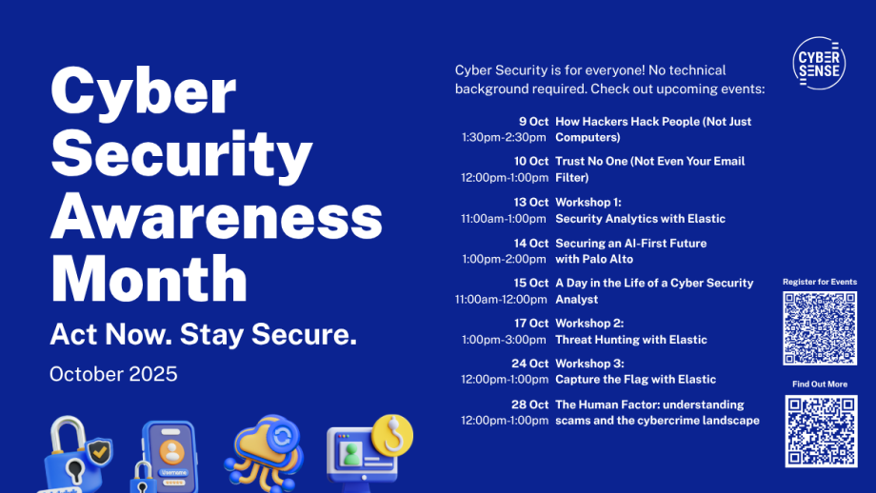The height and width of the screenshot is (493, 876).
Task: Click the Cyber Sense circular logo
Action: (x=819, y=63)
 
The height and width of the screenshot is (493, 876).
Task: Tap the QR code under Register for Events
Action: (x=820, y=328)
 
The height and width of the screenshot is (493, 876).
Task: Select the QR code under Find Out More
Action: (x=821, y=431)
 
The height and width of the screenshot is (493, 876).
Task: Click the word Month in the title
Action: (x=149, y=278)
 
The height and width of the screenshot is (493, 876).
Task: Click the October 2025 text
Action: (x=113, y=374)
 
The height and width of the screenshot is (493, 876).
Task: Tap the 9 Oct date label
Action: (x=533, y=122)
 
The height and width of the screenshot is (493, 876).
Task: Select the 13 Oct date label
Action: (x=530, y=202)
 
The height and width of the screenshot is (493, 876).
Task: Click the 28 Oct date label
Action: (x=529, y=404)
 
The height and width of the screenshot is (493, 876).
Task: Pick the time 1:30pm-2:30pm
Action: (x=504, y=137)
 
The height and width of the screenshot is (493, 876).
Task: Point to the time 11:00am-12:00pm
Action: (x=501, y=299)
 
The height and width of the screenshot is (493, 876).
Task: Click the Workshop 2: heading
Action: (x=589, y=324)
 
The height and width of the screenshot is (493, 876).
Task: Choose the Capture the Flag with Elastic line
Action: (x=635, y=380)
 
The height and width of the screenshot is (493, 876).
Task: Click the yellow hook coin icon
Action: (x=392, y=435)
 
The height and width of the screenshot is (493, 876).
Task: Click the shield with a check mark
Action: (x=99, y=452)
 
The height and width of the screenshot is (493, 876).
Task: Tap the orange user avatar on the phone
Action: (x=171, y=452)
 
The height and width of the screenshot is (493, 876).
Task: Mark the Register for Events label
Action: (x=820, y=282)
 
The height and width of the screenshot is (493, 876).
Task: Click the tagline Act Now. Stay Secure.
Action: (x=204, y=334)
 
